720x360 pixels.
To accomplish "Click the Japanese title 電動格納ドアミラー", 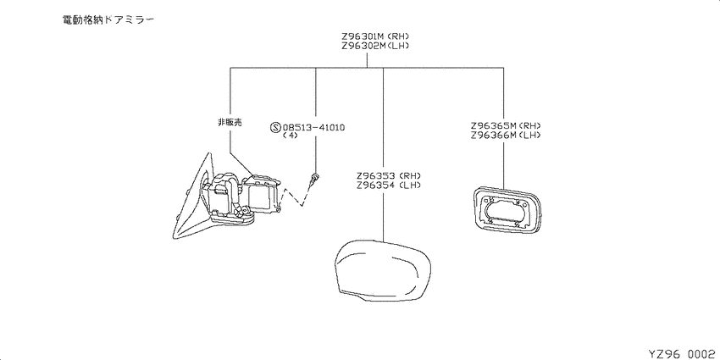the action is pos(108,19).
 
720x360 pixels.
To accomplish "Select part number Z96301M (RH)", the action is pos(375,36).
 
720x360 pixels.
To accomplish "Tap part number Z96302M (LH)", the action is pos(375,46).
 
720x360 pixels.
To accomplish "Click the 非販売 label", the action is pos(230,122).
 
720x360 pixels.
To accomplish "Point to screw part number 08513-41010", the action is pos(313,127).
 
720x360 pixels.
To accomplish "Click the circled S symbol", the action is pos(275,127).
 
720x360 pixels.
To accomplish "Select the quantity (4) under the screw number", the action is pos(291,136).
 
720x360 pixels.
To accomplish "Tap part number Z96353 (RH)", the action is pos(389,176).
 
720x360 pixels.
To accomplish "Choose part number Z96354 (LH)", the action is pos(389,185).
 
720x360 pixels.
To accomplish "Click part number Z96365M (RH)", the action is pos(506,125).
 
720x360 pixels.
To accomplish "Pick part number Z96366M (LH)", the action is pos(506,135).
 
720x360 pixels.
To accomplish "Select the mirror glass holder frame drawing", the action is pos(507,210).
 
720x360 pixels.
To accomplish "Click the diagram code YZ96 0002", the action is pos(684,353).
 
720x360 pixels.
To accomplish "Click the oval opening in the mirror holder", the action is pos(507,211).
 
